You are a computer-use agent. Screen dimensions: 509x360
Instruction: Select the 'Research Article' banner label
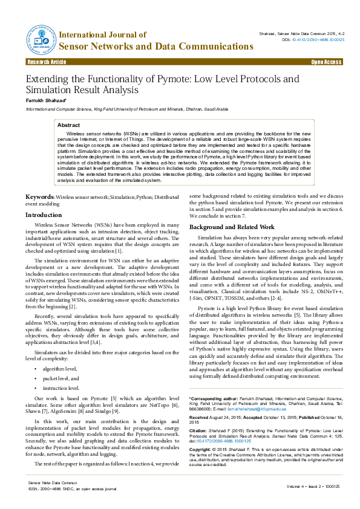click(47, 62)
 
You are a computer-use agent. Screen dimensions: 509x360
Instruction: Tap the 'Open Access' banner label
click(326, 62)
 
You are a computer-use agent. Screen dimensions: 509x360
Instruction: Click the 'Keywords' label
click(39, 197)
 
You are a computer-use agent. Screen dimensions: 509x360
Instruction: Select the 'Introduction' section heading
click(43, 215)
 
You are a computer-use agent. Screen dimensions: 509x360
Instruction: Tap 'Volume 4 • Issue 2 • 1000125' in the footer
click(312, 485)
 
